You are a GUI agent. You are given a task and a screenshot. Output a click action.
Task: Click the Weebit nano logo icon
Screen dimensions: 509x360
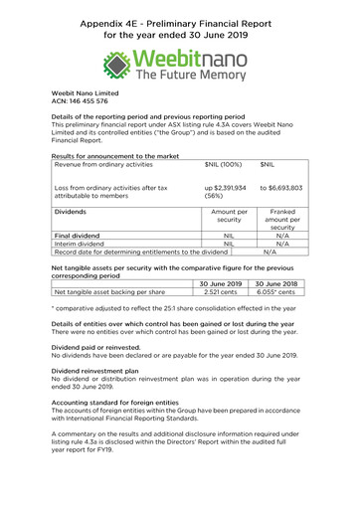point(116,67)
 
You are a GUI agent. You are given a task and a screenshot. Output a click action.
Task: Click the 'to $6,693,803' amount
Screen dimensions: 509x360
point(280,187)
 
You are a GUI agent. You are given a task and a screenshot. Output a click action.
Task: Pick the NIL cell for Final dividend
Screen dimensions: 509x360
point(229,236)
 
